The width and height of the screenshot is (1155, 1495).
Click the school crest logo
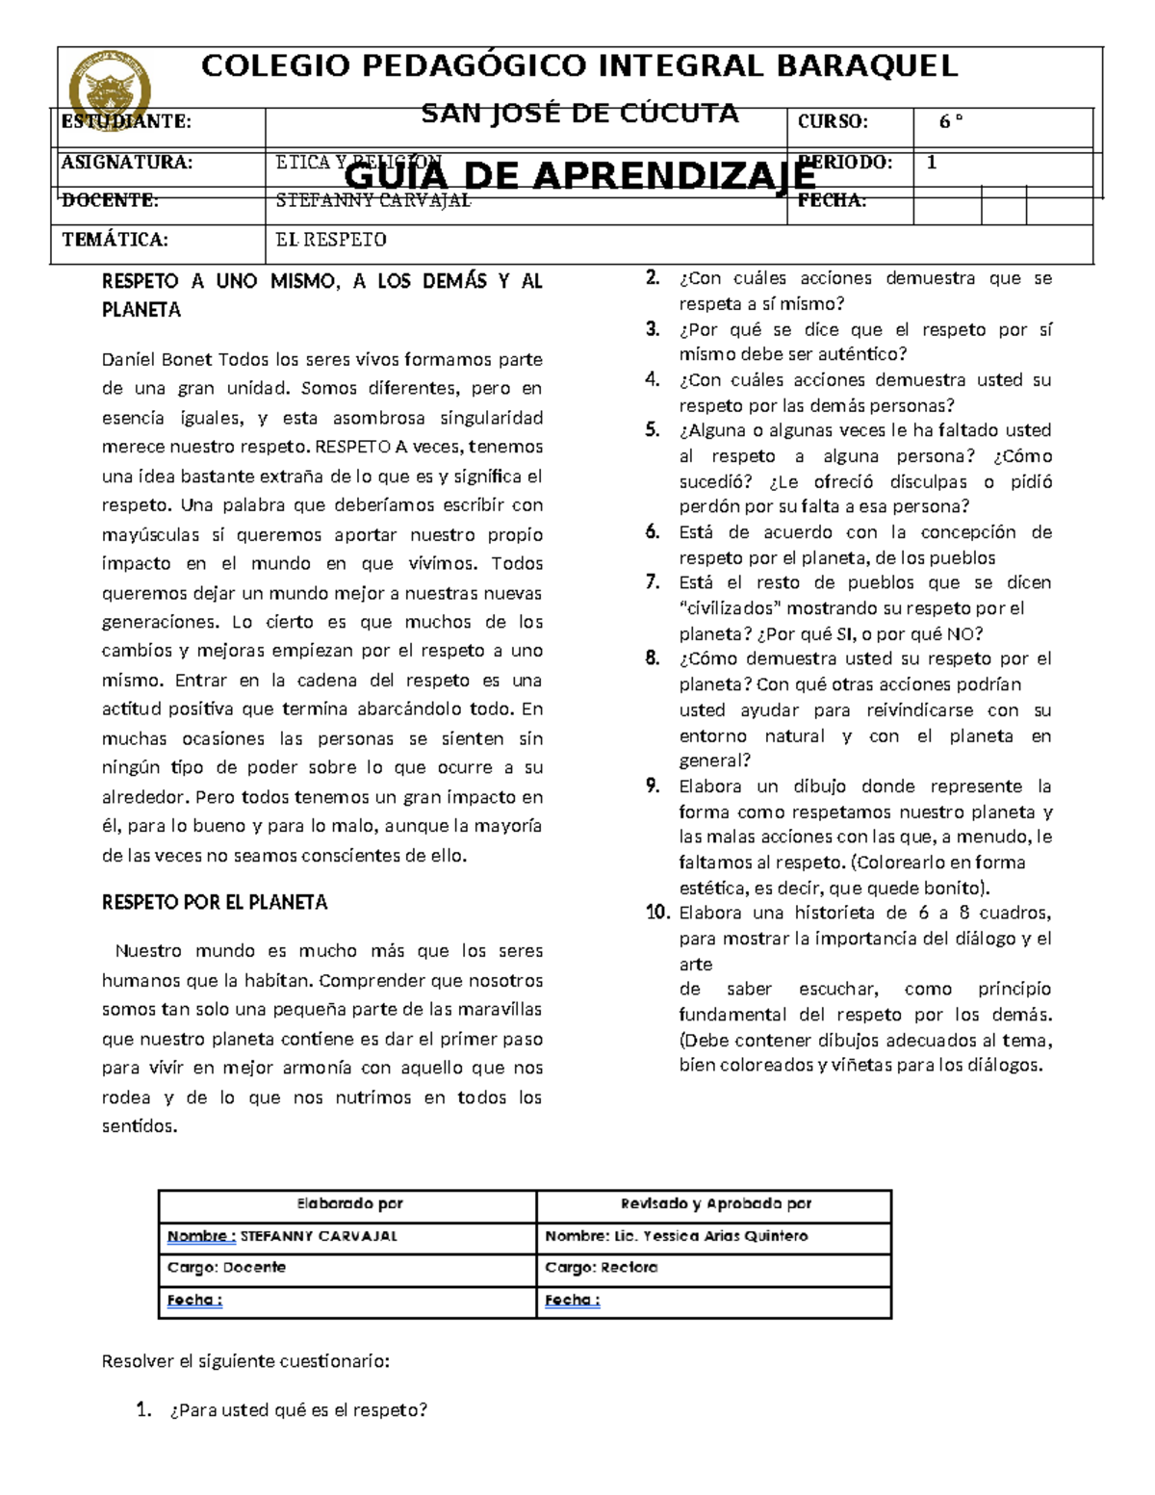(110, 90)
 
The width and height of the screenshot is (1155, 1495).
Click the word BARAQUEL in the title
(866, 66)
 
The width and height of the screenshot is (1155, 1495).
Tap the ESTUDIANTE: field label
(126, 121)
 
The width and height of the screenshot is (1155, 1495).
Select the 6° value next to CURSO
(951, 121)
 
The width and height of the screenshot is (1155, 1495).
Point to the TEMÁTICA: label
(115, 240)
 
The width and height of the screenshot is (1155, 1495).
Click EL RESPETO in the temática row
(331, 240)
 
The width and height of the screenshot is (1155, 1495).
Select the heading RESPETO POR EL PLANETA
(215, 903)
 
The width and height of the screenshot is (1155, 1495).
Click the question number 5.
(653, 430)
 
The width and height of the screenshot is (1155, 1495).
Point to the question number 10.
(657, 913)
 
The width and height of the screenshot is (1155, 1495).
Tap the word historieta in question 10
(834, 913)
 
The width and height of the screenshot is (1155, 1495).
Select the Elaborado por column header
(349, 1204)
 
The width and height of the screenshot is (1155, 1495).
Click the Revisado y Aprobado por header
(715, 1204)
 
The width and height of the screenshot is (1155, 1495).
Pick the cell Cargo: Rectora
(602, 1268)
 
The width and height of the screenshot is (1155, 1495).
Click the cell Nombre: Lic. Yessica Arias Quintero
(676, 1236)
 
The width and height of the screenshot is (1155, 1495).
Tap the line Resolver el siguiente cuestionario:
(245, 1362)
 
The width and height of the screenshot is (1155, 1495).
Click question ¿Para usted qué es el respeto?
(297, 1411)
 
